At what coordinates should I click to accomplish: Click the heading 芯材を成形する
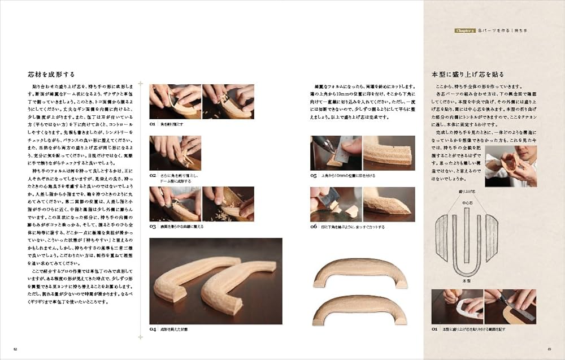pos(51,74)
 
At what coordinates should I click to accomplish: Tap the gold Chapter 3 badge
pos(466,31)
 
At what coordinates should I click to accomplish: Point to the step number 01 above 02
pos(153,123)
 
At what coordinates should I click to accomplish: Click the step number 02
pos(153,175)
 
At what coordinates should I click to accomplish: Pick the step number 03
pos(153,226)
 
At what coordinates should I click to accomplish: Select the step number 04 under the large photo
pos(153,328)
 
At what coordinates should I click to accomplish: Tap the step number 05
pos(314,175)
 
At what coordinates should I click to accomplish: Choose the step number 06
pos(314,226)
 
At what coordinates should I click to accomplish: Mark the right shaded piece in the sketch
pos(492,237)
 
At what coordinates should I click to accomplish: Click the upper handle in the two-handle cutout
pos(360,272)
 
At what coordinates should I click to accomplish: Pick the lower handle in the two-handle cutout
pos(360,309)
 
